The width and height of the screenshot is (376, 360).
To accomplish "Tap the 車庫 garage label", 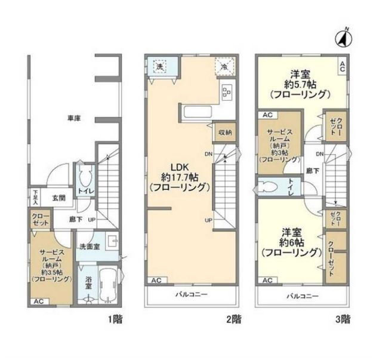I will (x=73, y=118).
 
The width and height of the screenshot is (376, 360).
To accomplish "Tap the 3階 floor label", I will (x=342, y=320).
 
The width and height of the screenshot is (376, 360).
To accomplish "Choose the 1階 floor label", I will (x=115, y=320).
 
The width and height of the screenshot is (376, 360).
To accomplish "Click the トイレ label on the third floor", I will (x=290, y=186).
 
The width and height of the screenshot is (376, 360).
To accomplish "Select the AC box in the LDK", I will (x=155, y=280).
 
